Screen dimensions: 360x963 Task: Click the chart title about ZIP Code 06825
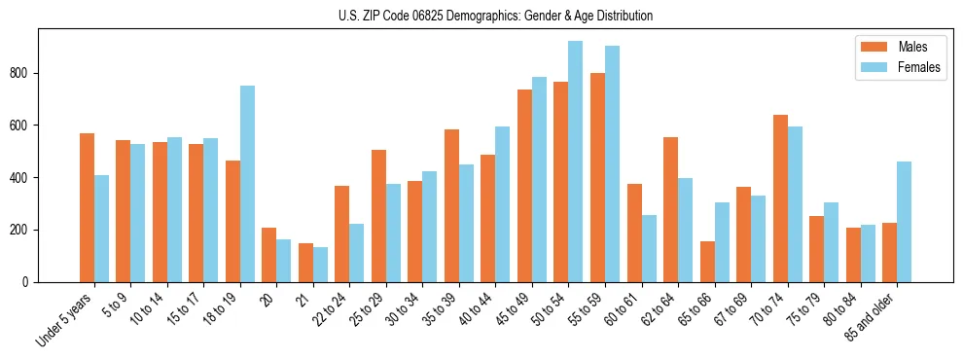coord(481,16)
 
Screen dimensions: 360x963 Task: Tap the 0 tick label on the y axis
coord(31,282)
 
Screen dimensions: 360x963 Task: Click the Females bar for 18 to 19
coord(247,184)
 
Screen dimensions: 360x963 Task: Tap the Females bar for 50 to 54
coord(576,162)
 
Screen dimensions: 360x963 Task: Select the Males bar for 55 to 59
coord(597,177)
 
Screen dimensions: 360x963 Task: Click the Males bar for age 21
coord(305,263)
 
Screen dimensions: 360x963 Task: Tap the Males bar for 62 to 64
coord(670,209)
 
